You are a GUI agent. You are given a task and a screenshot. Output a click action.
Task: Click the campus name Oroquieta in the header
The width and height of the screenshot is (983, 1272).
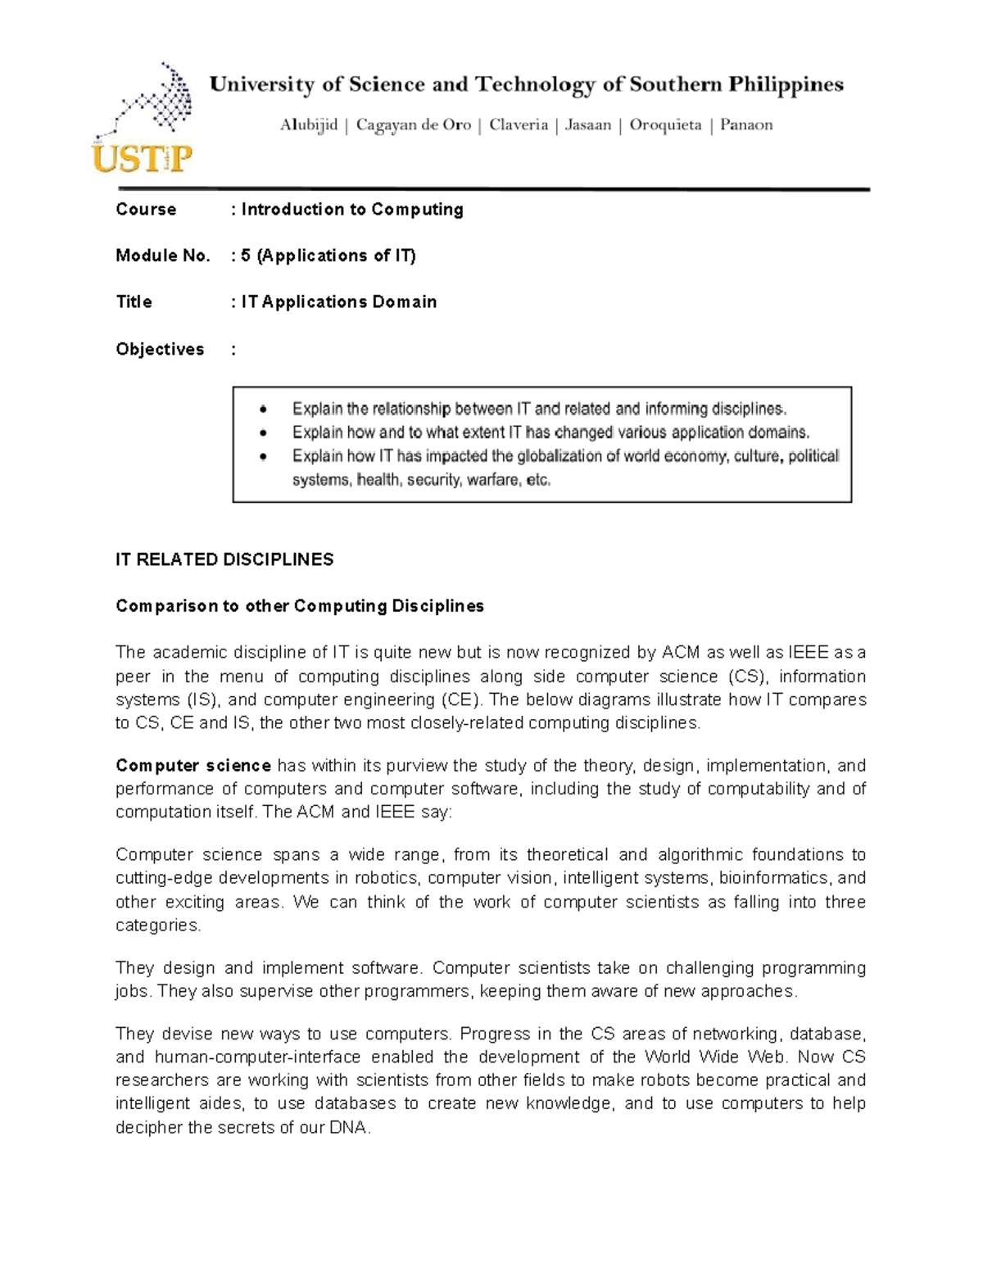(665, 125)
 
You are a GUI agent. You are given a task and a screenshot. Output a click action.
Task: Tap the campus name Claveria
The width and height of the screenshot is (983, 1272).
(519, 125)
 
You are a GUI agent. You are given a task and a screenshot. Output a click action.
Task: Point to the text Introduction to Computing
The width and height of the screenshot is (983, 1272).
(352, 210)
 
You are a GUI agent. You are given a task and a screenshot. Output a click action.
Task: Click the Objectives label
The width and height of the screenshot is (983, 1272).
(160, 350)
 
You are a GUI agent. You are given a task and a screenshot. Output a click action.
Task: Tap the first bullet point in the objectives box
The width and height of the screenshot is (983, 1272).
(262, 409)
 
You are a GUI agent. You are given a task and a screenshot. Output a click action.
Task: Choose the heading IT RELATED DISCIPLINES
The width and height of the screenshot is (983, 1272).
(224, 559)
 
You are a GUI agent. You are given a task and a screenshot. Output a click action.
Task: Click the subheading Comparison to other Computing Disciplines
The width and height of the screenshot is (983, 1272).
(300, 606)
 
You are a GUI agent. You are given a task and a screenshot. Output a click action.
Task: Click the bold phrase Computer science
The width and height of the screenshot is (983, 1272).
(193, 766)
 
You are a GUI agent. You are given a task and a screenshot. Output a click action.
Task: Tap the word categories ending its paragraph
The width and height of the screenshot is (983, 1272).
(157, 926)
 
